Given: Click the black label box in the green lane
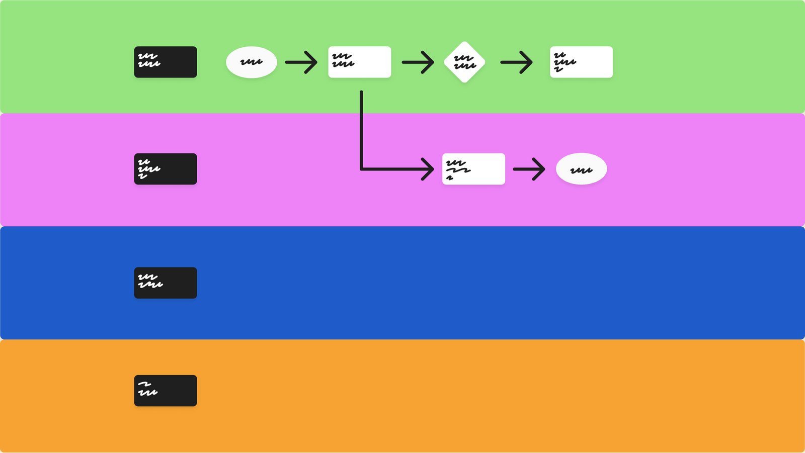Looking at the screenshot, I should click(x=165, y=62).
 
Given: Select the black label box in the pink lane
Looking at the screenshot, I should click(x=165, y=169).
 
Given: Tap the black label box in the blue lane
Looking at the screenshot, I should click(x=165, y=283).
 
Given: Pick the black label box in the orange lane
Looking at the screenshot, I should click(x=165, y=391).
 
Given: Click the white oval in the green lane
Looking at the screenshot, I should click(x=251, y=62).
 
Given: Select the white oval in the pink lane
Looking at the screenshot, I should click(x=581, y=169).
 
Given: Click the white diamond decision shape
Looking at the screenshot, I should click(x=464, y=62).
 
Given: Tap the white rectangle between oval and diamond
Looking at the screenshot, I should click(x=359, y=62).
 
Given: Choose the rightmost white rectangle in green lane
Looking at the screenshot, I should click(x=581, y=62).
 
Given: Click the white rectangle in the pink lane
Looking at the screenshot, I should click(x=473, y=169).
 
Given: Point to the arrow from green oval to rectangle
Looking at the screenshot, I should click(x=301, y=62).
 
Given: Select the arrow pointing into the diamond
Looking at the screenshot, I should click(x=418, y=62).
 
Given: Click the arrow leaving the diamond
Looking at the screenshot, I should click(x=516, y=62).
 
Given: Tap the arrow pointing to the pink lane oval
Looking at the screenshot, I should click(x=529, y=169).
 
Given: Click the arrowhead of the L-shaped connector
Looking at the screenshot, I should click(x=429, y=169).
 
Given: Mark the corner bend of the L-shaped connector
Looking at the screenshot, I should click(x=361, y=169).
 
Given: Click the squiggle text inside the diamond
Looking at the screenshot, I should click(x=464, y=62).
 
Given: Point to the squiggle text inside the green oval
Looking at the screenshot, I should click(x=251, y=62).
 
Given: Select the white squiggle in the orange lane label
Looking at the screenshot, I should click(x=147, y=389).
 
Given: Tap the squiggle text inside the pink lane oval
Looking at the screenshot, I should click(x=581, y=170).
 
